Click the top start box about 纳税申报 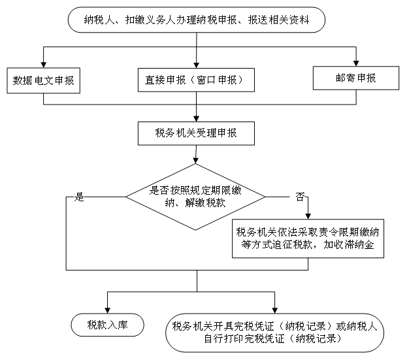click(197, 20)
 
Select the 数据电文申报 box click(43, 80)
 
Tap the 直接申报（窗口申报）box click(196, 80)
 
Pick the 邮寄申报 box click(356, 78)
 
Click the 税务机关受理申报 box click(196, 133)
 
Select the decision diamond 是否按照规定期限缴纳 click(195, 197)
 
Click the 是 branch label click(79, 197)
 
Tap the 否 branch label click(300, 197)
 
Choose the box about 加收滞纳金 click(308, 238)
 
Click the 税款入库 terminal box click(107, 325)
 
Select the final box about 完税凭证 click(274, 333)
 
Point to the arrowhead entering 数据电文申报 click(44, 65)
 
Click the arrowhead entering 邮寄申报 click(356, 63)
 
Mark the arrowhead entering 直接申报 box click(196, 65)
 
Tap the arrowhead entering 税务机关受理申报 click(196, 119)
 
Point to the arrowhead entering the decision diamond click(196, 161)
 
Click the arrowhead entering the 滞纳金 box click(308, 216)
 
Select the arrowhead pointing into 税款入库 click(107, 310)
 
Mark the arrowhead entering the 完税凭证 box click(274, 310)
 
